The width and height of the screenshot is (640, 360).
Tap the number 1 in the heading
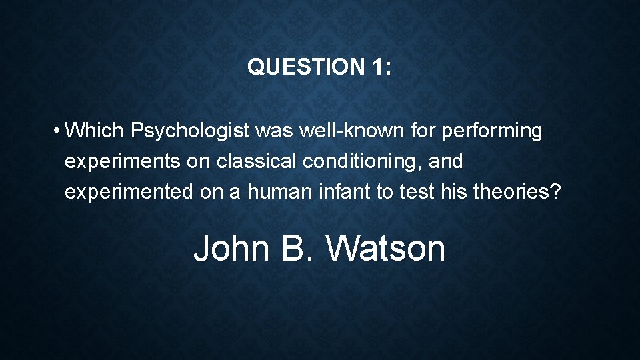coord(375,67)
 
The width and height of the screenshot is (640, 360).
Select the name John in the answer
coord(231,248)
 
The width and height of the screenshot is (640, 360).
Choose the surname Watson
coord(386,248)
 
